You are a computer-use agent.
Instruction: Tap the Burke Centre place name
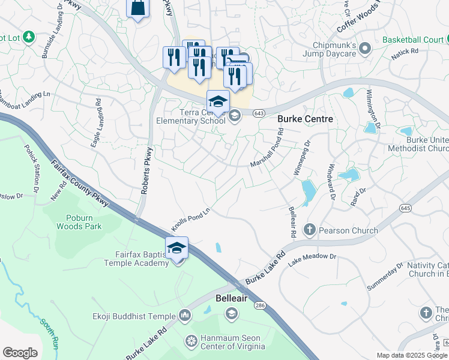[x=305, y=119]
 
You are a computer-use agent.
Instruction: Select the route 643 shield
[x=259, y=113]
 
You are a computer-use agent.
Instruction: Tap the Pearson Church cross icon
[x=310, y=230]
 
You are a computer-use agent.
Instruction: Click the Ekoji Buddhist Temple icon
[x=184, y=316]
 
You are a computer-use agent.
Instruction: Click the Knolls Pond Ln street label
[x=192, y=215]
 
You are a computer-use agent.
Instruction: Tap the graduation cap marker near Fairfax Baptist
[x=176, y=248]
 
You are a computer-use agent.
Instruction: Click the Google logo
[x=20, y=353]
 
